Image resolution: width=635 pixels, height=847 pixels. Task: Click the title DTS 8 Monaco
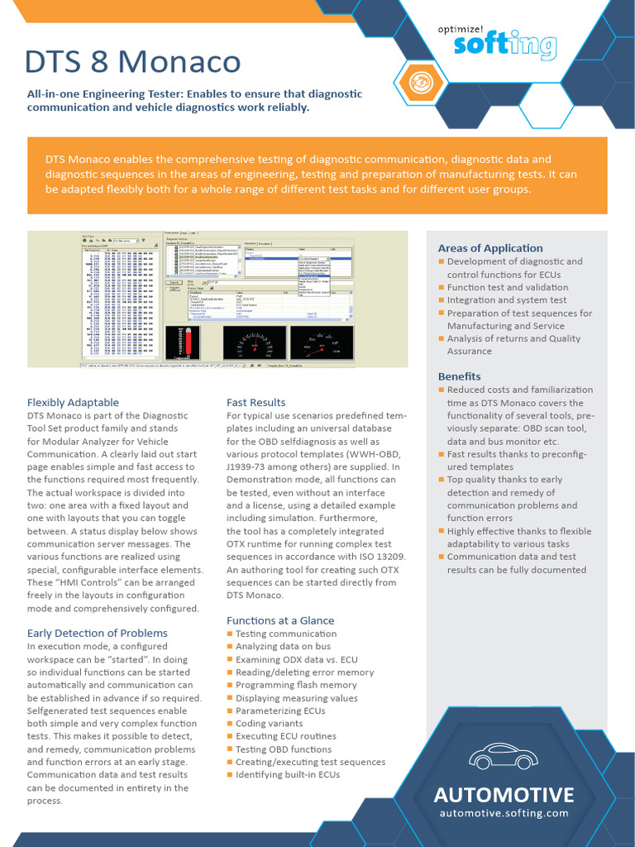click(x=132, y=62)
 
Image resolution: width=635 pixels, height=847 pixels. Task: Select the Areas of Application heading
click(x=490, y=248)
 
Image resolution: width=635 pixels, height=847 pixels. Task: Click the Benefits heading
click(x=459, y=376)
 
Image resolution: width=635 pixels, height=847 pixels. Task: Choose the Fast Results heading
click(x=255, y=402)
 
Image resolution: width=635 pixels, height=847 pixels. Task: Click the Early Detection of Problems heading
click(x=97, y=633)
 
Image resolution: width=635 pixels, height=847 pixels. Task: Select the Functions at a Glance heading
click(x=280, y=620)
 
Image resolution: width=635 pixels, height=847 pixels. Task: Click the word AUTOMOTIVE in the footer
click(x=504, y=795)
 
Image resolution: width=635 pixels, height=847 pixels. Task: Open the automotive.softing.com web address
click(x=504, y=813)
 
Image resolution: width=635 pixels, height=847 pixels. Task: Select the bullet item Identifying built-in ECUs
click(x=288, y=775)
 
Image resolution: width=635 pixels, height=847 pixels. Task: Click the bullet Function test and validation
click(x=508, y=287)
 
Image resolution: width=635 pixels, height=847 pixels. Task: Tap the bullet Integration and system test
click(x=507, y=300)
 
